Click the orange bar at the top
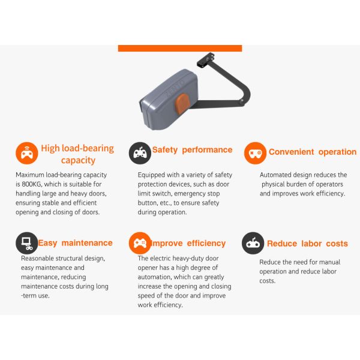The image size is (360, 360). (x=180, y=48)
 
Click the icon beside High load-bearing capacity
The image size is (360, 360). (x=26, y=154)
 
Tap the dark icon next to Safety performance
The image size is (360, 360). (x=140, y=153)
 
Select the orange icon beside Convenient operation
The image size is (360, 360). (x=255, y=153)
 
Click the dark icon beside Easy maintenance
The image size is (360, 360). (x=26, y=243)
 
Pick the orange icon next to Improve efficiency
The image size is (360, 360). (x=140, y=243)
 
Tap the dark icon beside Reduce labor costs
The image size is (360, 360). (x=253, y=243)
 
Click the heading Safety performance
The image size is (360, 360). (x=192, y=150)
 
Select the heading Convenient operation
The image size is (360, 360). (x=312, y=152)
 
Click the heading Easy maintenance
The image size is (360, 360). (x=75, y=243)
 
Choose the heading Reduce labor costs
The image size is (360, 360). (x=307, y=244)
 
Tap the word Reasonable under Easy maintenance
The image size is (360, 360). (x=34, y=259)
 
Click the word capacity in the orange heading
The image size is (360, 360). (x=78, y=161)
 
